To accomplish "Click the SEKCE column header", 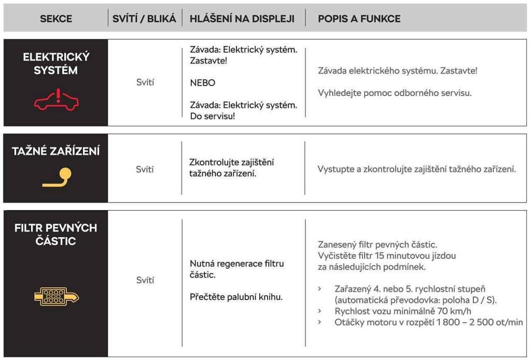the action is click(x=55, y=19).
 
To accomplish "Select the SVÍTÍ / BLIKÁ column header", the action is click(x=144, y=19).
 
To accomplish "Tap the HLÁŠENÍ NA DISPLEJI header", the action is click(x=242, y=19).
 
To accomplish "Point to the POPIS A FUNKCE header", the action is click(x=359, y=19).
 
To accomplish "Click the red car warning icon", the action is click(x=56, y=100).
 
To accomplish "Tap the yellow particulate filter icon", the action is click(x=56, y=296).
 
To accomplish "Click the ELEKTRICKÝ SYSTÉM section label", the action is click(x=56, y=63).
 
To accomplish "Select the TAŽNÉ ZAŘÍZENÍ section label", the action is click(x=56, y=151).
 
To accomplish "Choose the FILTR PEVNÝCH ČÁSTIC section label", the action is click(x=56, y=234).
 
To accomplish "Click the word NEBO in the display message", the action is click(x=202, y=83).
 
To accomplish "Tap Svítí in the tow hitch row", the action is click(x=145, y=169).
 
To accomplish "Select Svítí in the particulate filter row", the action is click(x=145, y=280).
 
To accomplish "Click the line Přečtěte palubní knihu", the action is click(x=236, y=297).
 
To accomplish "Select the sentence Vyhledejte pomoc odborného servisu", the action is click(x=395, y=93).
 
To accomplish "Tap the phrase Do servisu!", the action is click(x=213, y=116).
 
